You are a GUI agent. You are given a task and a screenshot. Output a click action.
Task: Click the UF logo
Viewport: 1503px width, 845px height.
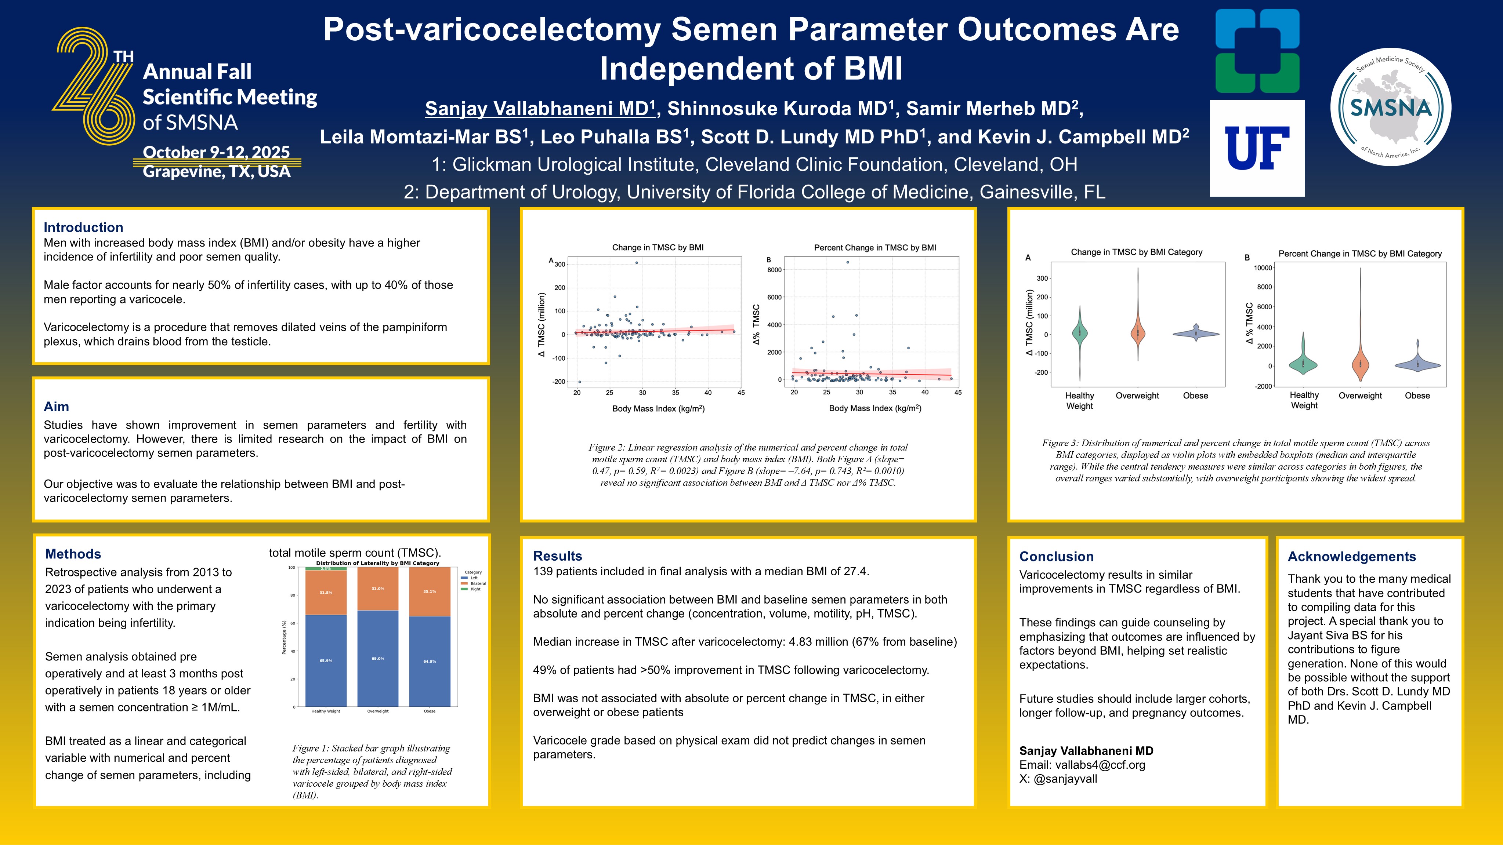[1257, 148]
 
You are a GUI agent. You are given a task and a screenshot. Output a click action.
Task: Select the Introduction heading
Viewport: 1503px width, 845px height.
[83, 227]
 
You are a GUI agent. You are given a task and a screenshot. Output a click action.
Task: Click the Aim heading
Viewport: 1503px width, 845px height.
[56, 407]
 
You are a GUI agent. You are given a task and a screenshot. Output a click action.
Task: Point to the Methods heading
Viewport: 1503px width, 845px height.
[73, 554]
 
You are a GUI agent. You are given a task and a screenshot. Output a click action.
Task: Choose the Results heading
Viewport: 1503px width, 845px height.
[557, 556]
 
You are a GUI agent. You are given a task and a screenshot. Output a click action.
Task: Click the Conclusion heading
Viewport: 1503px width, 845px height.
[1056, 556]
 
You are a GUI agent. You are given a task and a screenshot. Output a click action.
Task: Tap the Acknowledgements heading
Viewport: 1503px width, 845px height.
[1351, 556]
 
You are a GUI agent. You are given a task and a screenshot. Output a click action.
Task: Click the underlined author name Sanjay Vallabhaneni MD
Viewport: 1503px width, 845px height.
[540, 109]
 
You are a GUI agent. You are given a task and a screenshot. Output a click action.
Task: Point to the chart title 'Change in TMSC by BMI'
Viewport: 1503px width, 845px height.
[658, 247]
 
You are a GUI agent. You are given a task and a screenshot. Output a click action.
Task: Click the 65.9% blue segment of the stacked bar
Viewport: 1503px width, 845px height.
[326, 661]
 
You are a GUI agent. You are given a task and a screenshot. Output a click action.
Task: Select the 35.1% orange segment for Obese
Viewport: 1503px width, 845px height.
[430, 591]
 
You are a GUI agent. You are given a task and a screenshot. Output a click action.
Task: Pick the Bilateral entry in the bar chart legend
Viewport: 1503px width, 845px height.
[478, 583]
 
